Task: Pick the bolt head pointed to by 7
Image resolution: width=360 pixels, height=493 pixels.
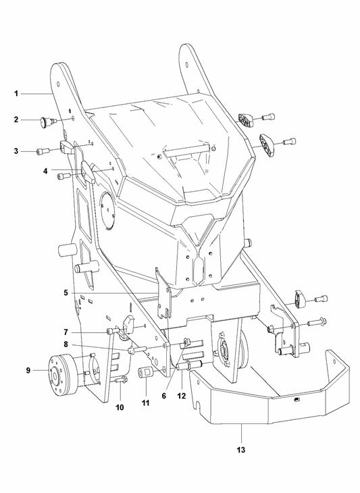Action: tap(110, 331)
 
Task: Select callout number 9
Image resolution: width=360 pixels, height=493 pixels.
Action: tap(29, 369)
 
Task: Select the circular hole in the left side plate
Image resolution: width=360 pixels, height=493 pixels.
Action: tap(107, 206)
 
